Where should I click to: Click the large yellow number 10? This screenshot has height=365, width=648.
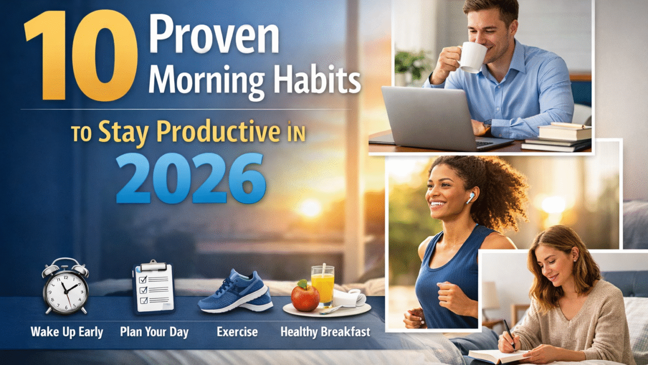click(x=81, y=56)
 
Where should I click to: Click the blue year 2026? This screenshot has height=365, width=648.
click(x=191, y=178)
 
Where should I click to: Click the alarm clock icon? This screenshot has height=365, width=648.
click(x=66, y=286)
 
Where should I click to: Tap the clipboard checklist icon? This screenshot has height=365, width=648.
click(x=153, y=286)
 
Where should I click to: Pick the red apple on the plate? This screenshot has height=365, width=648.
click(x=305, y=296)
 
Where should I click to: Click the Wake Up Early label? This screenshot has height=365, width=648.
click(x=67, y=332)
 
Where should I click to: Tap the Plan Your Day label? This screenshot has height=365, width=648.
click(x=154, y=332)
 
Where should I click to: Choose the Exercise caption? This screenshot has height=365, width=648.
click(x=237, y=332)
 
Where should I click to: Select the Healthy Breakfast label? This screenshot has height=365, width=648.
click(x=325, y=332)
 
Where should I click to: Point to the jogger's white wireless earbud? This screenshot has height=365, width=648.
click(x=470, y=198)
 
